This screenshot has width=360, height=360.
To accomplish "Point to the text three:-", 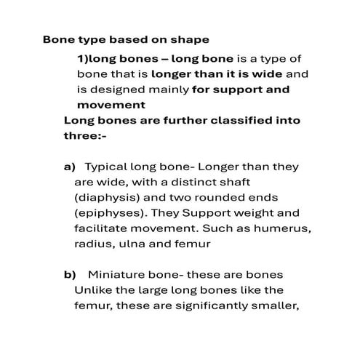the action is (x=85, y=135).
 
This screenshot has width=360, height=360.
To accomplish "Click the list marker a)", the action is (x=70, y=167).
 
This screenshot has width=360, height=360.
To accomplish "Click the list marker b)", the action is (x=70, y=276).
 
